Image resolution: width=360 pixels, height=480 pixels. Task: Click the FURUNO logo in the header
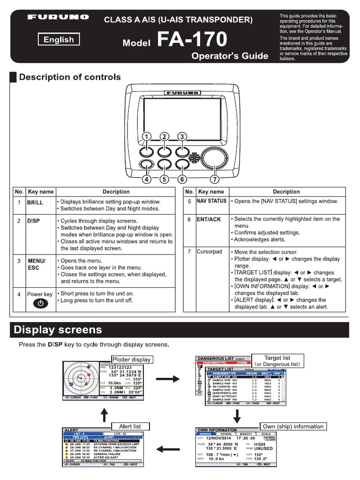pyautogui.click(x=58, y=17)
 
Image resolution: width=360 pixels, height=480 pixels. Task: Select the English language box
pyautogui.click(x=59, y=40)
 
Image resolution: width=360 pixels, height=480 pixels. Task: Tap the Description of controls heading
pyautogui.click(x=69, y=77)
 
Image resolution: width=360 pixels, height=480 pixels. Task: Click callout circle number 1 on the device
pyautogui.click(x=147, y=136)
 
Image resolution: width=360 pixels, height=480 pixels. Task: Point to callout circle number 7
pyautogui.click(x=215, y=179)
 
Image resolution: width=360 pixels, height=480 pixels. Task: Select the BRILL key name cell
pyautogui.click(x=35, y=202)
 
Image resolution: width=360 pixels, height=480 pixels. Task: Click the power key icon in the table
pyautogui.click(x=41, y=304)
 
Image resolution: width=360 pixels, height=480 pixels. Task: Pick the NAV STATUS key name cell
pyautogui.click(x=211, y=201)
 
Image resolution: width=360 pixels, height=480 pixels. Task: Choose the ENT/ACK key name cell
pyautogui.click(x=209, y=219)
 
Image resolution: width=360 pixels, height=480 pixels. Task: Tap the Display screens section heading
pyautogui.click(x=58, y=330)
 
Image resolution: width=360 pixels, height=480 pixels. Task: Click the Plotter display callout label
pyautogui.click(x=132, y=360)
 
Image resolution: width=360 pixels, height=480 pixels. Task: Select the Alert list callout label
pyautogui.click(x=130, y=426)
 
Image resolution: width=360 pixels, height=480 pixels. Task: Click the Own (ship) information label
pyautogui.click(x=293, y=426)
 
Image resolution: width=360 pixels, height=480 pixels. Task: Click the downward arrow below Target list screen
pyautogui.click(x=237, y=416)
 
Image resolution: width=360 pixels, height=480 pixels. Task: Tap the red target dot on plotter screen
pyautogui.click(x=88, y=375)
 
